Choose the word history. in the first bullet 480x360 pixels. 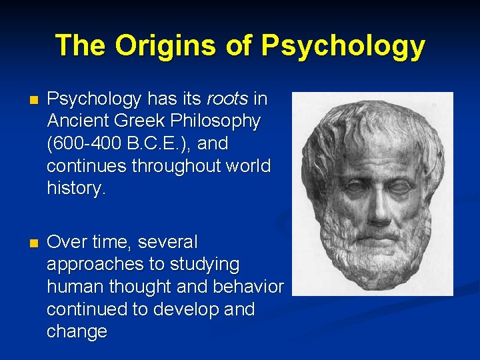[76, 188]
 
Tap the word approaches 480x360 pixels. [95, 265]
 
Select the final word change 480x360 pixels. [77, 331]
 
